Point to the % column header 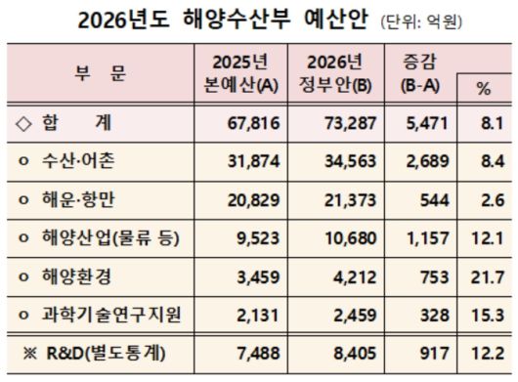pyautogui.click(x=483, y=88)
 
